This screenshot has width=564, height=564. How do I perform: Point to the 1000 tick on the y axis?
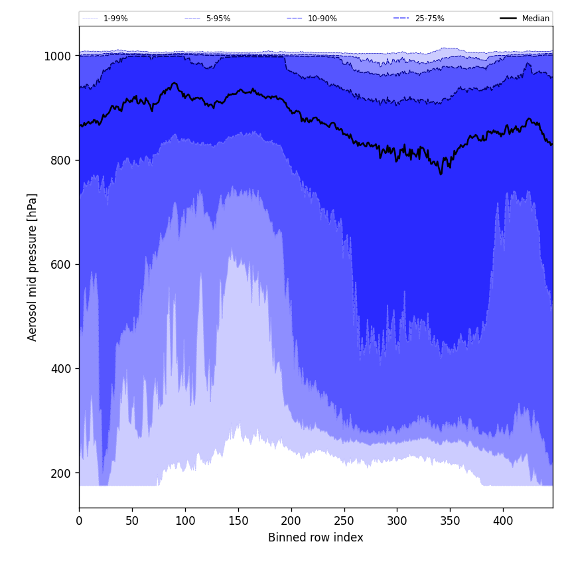pyautogui.click(x=58, y=56)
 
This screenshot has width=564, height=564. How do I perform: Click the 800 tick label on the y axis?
pyautogui.click(x=61, y=161)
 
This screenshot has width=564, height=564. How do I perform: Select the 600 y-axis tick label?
pyautogui.click(x=61, y=265)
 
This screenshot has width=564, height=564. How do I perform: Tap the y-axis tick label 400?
pyautogui.click(x=61, y=369)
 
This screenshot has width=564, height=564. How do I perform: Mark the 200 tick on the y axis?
pyautogui.click(x=61, y=473)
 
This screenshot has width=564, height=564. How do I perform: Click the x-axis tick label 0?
pyautogui.click(x=79, y=521)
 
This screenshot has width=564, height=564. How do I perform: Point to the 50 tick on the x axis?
pyautogui.click(x=132, y=521)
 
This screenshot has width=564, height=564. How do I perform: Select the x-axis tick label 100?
pyautogui.click(x=185, y=521)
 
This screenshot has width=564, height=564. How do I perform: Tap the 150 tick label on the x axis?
pyautogui.click(x=238, y=521)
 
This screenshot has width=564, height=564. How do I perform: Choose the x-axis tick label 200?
pyautogui.click(x=291, y=521)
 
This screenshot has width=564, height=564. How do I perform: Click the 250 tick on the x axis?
pyautogui.click(x=344, y=521)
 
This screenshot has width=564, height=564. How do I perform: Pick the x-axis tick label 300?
pyautogui.click(x=397, y=521)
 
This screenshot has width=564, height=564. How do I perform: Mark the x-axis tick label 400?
pyautogui.click(x=503, y=521)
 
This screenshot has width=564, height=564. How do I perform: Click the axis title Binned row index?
pyautogui.click(x=316, y=537)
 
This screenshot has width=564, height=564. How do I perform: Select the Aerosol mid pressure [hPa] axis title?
pyautogui.click(x=33, y=267)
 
